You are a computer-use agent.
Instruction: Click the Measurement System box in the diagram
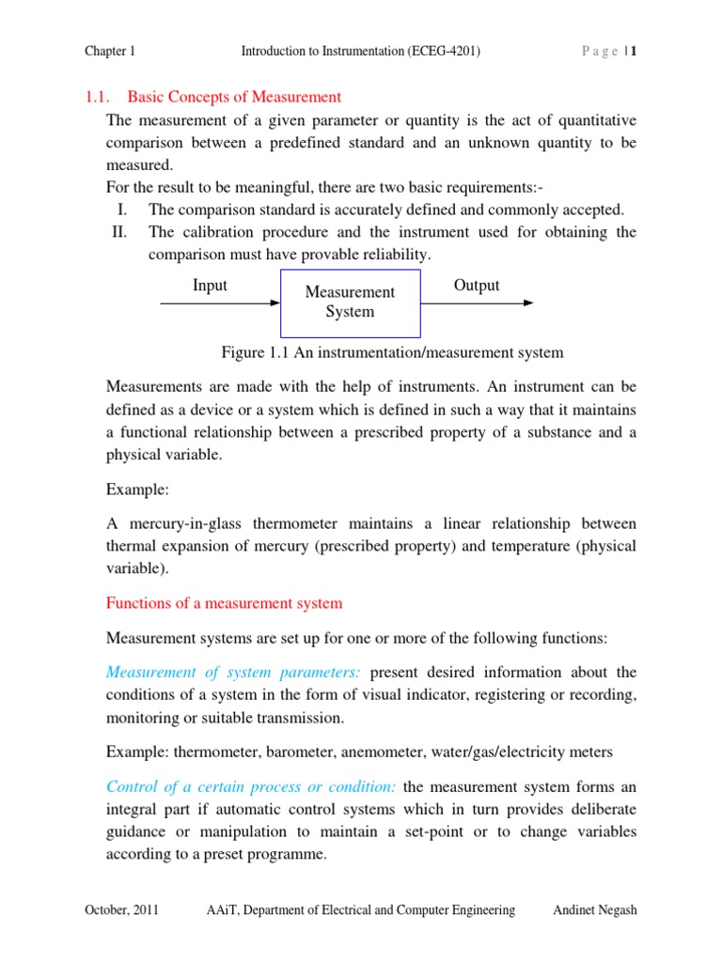click(350, 303)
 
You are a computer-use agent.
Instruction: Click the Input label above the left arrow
click(210, 286)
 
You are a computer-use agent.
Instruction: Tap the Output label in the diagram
click(477, 286)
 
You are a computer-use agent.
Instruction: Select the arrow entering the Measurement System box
click(221, 303)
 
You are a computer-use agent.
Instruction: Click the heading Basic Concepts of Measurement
click(234, 97)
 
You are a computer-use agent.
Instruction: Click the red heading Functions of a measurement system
click(225, 603)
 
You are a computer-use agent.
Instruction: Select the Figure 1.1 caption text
click(392, 352)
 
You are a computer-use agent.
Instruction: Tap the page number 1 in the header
click(635, 52)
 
